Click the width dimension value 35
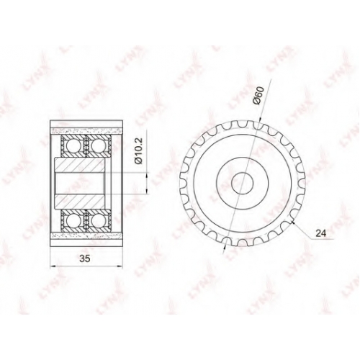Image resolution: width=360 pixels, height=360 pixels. pyautogui.click(x=85, y=258)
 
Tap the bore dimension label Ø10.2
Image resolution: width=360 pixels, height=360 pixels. pyautogui.click(x=139, y=150)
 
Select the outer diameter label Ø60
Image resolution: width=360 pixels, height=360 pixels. pyautogui.click(x=258, y=96)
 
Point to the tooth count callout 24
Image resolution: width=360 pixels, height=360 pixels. pyautogui.click(x=321, y=233)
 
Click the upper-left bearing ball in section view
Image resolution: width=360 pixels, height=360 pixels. pyautogui.click(x=73, y=146)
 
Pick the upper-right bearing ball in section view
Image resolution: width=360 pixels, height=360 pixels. pyautogui.click(x=98, y=146)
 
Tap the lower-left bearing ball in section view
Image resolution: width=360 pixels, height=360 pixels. pyautogui.click(x=73, y=219)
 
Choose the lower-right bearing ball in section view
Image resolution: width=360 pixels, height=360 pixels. pyautogui.click(x=98, y=219)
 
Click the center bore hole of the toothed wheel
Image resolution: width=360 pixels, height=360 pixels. pyautogui.click(x=243, y=183)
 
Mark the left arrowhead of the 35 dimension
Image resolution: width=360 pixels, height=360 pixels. pyautogui.click(x=52, y=266)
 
